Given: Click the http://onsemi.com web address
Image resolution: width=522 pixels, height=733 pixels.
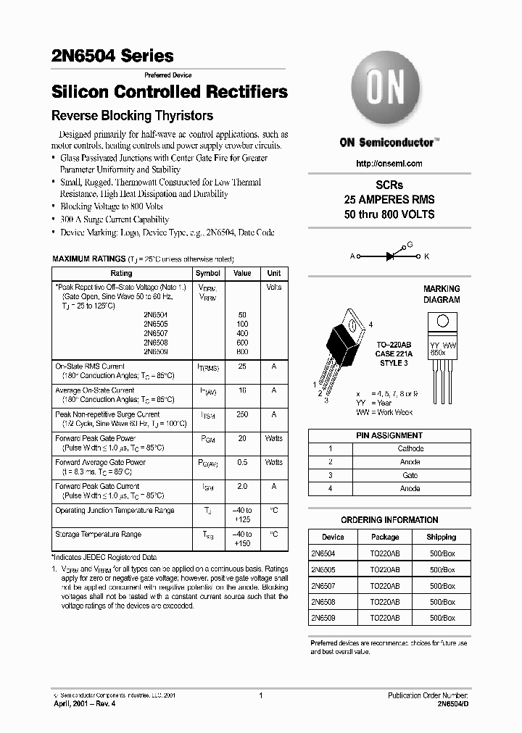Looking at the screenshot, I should [x=389, y=164].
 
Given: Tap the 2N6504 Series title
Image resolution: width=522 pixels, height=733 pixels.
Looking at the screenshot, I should [x=112, y=56].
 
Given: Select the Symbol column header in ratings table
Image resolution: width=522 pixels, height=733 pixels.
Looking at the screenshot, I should [x=208, y=273].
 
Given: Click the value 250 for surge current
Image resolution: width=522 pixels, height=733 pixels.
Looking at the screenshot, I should [x=242, y=414].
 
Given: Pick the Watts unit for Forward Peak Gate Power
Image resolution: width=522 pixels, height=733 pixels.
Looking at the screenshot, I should [x=274, y=438].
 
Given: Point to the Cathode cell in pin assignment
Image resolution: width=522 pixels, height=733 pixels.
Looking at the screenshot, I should [x=410, y=448].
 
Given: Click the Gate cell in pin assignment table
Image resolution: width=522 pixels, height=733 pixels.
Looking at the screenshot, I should [x=410, y=475].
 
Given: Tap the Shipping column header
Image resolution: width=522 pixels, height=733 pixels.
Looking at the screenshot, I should [x=441, y=537].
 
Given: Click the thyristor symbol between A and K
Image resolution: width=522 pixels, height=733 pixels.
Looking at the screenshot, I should [x=389, y=256].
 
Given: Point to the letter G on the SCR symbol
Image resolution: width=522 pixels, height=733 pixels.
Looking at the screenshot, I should [x=410, y=245].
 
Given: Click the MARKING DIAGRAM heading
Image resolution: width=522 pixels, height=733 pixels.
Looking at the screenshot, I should [x=442, y=294].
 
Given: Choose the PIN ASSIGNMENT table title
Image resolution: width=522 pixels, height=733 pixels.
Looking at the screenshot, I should [x=389, y=435].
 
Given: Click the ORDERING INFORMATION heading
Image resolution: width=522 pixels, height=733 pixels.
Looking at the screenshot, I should [x=389, y=519].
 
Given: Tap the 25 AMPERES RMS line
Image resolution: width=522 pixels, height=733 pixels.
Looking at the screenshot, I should [x=389, y=199].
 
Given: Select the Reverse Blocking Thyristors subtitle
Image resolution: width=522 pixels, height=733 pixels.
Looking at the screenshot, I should [x=132, y=115].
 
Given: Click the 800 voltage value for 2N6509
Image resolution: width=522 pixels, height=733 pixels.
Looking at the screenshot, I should [x=242, y=351].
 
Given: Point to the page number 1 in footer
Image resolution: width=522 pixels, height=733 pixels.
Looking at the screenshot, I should [x=260, y=695].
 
